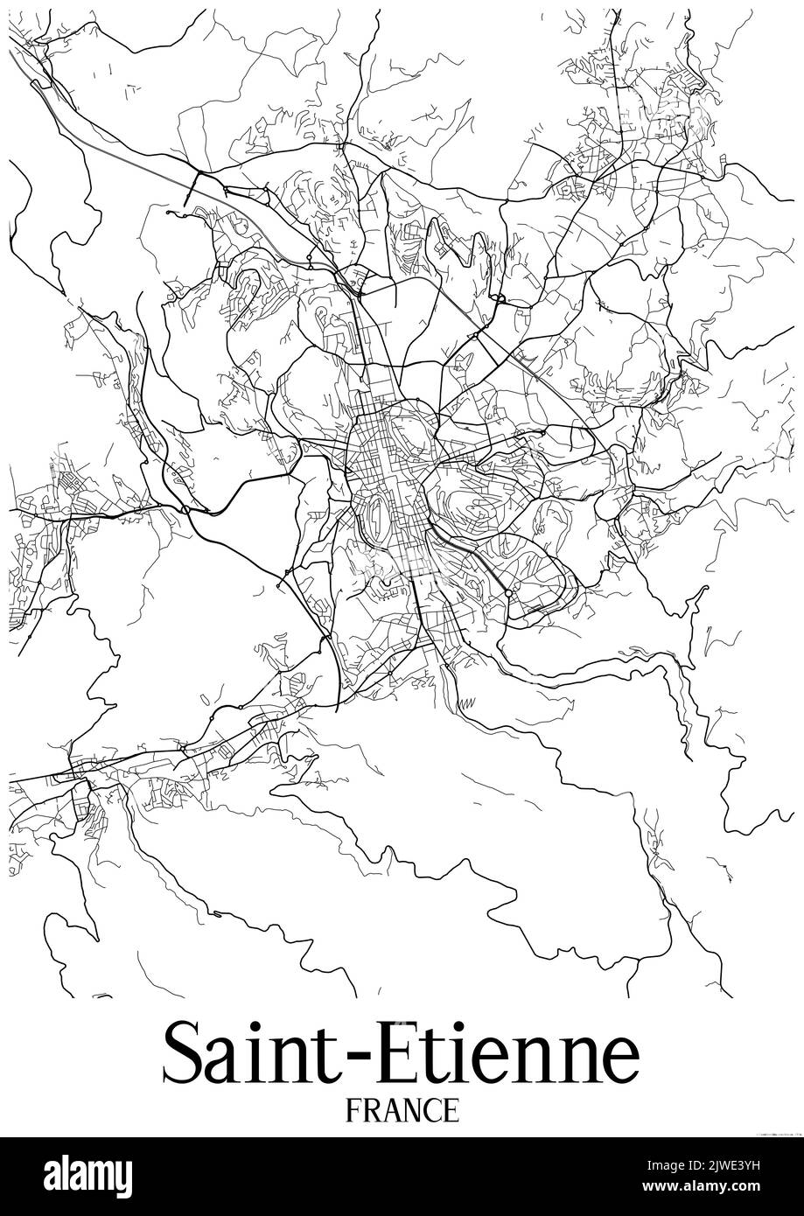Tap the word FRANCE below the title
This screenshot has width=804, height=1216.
402,1110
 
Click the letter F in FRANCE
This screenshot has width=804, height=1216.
353,1110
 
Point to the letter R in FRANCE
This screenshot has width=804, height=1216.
370,1110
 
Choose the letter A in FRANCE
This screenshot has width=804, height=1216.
389,1110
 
